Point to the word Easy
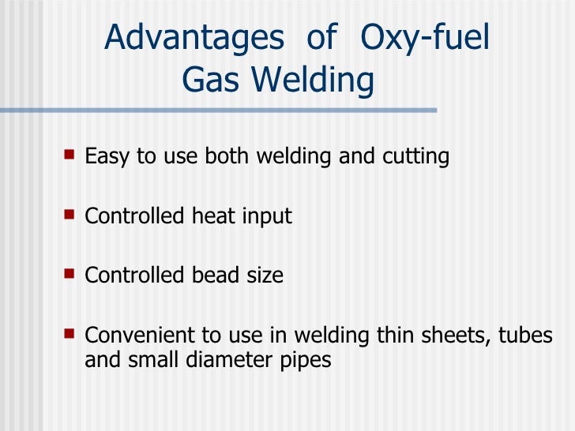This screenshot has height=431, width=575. click(x=109, y=156)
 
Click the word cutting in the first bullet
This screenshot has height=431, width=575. click(x=415, y=156)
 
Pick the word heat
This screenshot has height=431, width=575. click(x=215, y=215)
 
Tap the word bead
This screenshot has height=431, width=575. click(x=216, y=275)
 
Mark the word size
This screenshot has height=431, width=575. click(x=265, y=275)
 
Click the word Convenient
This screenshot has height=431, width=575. click(x=130, y=335)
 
